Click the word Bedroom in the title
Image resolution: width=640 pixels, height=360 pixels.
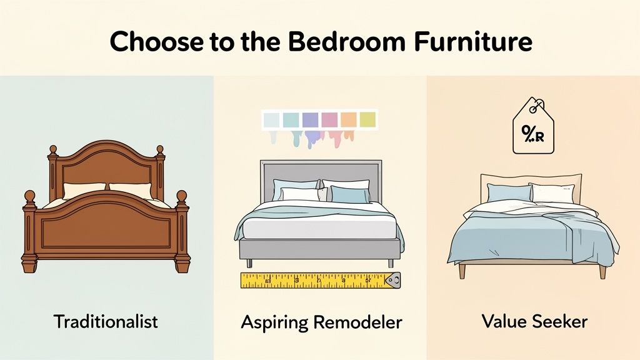331,42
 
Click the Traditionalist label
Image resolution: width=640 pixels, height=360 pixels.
106,322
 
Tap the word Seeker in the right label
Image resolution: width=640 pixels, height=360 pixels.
561,322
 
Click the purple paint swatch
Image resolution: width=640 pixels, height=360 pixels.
311,119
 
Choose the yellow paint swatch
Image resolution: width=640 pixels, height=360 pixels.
368,119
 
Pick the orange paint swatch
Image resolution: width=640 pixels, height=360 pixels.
349,119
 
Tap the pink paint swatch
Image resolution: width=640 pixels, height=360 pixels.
330,119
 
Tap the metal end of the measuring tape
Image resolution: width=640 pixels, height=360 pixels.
394,281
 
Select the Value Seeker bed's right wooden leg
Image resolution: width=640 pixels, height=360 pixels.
602,271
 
